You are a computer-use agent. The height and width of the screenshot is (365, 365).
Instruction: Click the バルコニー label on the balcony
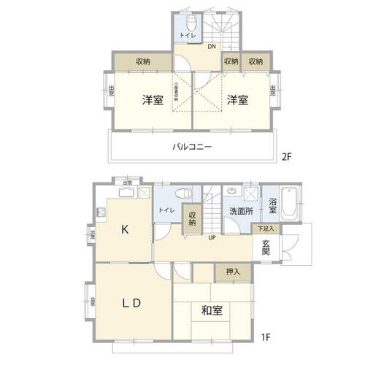coord(192,147)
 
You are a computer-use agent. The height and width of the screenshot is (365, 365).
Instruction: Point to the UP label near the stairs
coord(212,238)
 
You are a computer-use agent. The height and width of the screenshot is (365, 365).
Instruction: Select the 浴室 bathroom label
coord(272,206)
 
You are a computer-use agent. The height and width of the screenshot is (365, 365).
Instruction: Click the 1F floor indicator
coord(268,339)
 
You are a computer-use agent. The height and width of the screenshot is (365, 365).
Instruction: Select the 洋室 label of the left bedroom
coord(153,100)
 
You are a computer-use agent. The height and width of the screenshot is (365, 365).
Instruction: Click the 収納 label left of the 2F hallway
coord(144,61)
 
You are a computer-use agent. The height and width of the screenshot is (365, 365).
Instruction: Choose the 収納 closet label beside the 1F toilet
coord(193,219)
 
